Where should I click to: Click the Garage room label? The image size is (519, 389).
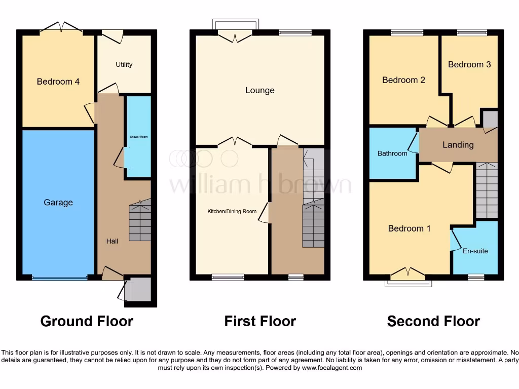click(x=58, y=203)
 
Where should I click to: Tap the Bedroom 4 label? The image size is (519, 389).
click(x=58, y=82)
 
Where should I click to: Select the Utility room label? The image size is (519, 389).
click(x=124, y=64)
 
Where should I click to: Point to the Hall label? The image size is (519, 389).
click(x=112, y=241)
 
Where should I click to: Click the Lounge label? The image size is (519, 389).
click(x=259, y=91)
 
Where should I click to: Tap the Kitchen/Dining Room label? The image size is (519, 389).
click(x=232, y=211)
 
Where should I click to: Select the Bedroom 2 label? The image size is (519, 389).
click(x=403, y=80)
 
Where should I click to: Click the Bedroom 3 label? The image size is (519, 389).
click(x=469, y=64)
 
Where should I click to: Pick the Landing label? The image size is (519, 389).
click(x=458, y=145)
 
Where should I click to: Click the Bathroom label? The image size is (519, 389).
click(x=392, y=153)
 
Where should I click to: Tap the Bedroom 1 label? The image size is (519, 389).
click(x=409, y=228)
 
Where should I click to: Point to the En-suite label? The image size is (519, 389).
click(x=475, y=251)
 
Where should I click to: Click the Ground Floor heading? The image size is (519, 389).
click(x=87, y=321)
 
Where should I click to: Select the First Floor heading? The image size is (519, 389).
click(x=260, y=321)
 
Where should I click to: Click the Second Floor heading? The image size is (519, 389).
click(x=433, y=321)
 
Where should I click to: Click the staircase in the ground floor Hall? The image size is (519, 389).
click(x=140, y=221)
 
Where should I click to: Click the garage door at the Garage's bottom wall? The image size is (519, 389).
click(x=59, y=278)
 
